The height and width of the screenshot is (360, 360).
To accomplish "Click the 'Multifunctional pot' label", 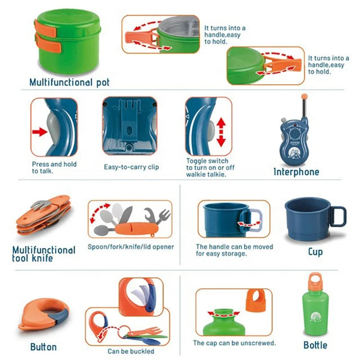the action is point(70,82).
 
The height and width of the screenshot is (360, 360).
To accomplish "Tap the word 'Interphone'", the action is point(296,172).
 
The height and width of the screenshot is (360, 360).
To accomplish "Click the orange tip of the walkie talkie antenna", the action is point(305,96).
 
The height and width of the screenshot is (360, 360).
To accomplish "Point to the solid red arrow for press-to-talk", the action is point(40,132).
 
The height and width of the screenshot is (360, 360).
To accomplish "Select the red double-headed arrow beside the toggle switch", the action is point(221,132).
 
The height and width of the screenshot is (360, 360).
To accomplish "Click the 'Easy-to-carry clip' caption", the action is point(131,167).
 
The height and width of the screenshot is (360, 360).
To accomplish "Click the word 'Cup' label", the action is point(315,252).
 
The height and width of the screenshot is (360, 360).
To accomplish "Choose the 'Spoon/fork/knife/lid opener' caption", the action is point(130,247).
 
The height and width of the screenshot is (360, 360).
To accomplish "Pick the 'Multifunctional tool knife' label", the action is point(44,254).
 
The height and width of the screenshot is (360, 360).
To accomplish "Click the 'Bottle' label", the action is point(315,345).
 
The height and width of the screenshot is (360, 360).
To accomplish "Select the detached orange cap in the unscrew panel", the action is point(256,300).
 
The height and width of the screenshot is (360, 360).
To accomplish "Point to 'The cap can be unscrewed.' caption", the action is point(234,343).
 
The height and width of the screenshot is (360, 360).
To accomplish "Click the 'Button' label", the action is point(43,347).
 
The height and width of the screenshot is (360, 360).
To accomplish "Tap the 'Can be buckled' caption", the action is point(131,351).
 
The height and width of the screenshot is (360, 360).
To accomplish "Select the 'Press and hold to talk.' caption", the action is point(54,167).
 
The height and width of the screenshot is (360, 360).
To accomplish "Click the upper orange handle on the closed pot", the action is point(45,28).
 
